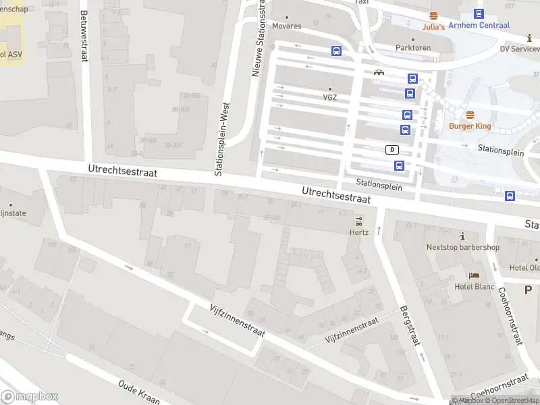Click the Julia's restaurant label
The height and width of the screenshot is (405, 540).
point(433,27)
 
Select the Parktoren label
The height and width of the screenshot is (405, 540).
point(412,48)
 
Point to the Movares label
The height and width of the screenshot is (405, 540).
point(287,26)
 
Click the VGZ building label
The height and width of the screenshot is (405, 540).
point(329,97)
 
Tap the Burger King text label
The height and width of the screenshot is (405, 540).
point(469,126)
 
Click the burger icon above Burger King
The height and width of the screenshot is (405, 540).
point(469,115)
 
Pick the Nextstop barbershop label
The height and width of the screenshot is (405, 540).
point(462,247)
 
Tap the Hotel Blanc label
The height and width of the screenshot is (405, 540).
point(475,286)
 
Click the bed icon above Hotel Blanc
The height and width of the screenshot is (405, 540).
point(474,275)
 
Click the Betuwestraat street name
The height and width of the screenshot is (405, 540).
point(84,35)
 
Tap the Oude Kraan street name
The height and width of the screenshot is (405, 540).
point(138,391)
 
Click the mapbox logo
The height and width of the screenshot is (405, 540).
point(30,397)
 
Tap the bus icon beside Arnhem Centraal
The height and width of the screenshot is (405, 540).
point(479,13)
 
